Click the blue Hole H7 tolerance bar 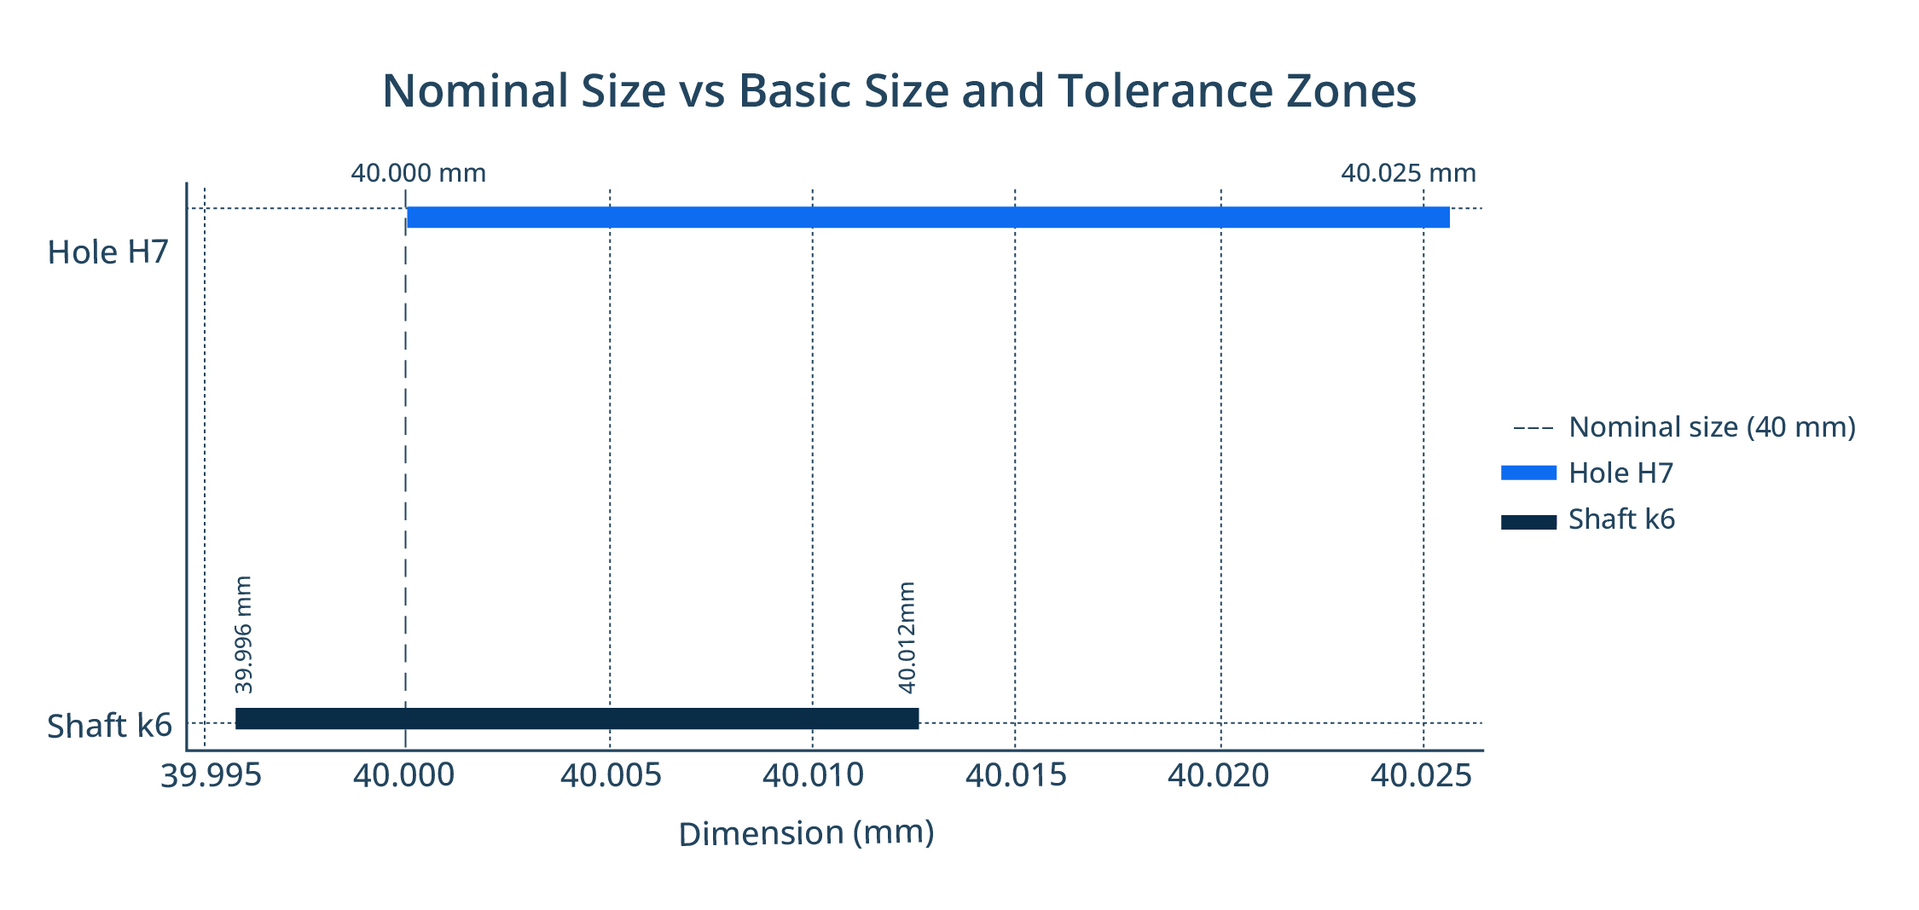click(928, 217)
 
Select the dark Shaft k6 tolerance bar click(577, 718)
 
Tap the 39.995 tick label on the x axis click(211, 776)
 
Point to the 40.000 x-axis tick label click(403, 776)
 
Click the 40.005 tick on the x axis click(611, 776)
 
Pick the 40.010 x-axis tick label click(813, 776)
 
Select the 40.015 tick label click(1016, 776)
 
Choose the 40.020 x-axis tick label click(1218, 776)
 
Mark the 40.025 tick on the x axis click(1421, 776)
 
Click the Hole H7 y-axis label click(108, 252)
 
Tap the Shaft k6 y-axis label click(109, 726)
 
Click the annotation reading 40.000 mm click(418, 173)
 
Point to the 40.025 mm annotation click(1408, 173)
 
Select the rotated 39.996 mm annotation click(243, 635)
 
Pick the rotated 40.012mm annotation click(907, 637)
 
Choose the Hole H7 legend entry click(1620, 473)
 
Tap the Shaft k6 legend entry click(1621, 519)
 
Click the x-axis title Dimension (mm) click(806, 833)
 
